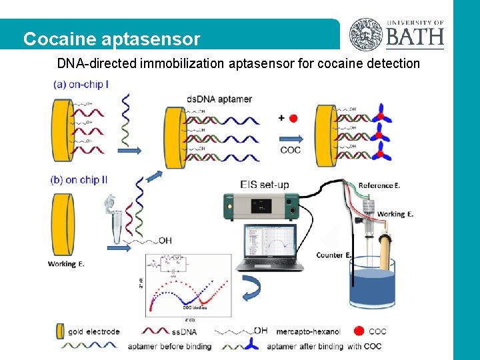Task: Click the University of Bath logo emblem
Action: click(367, 34)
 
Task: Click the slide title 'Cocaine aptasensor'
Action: click(111, 39)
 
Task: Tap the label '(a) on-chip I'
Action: click(81, 85)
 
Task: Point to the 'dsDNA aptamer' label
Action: click(219, 99)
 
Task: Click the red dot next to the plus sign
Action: click(294, 118)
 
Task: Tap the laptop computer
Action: click(273, 247)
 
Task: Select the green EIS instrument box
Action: click(261, 207)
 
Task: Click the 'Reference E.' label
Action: click(380, 185)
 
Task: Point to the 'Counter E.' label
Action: click(334, 255)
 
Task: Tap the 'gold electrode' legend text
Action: click(93, 331)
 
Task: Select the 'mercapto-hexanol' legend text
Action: click(307, 331)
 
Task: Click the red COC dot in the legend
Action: click(359, 331)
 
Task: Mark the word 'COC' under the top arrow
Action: click(290, 150)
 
